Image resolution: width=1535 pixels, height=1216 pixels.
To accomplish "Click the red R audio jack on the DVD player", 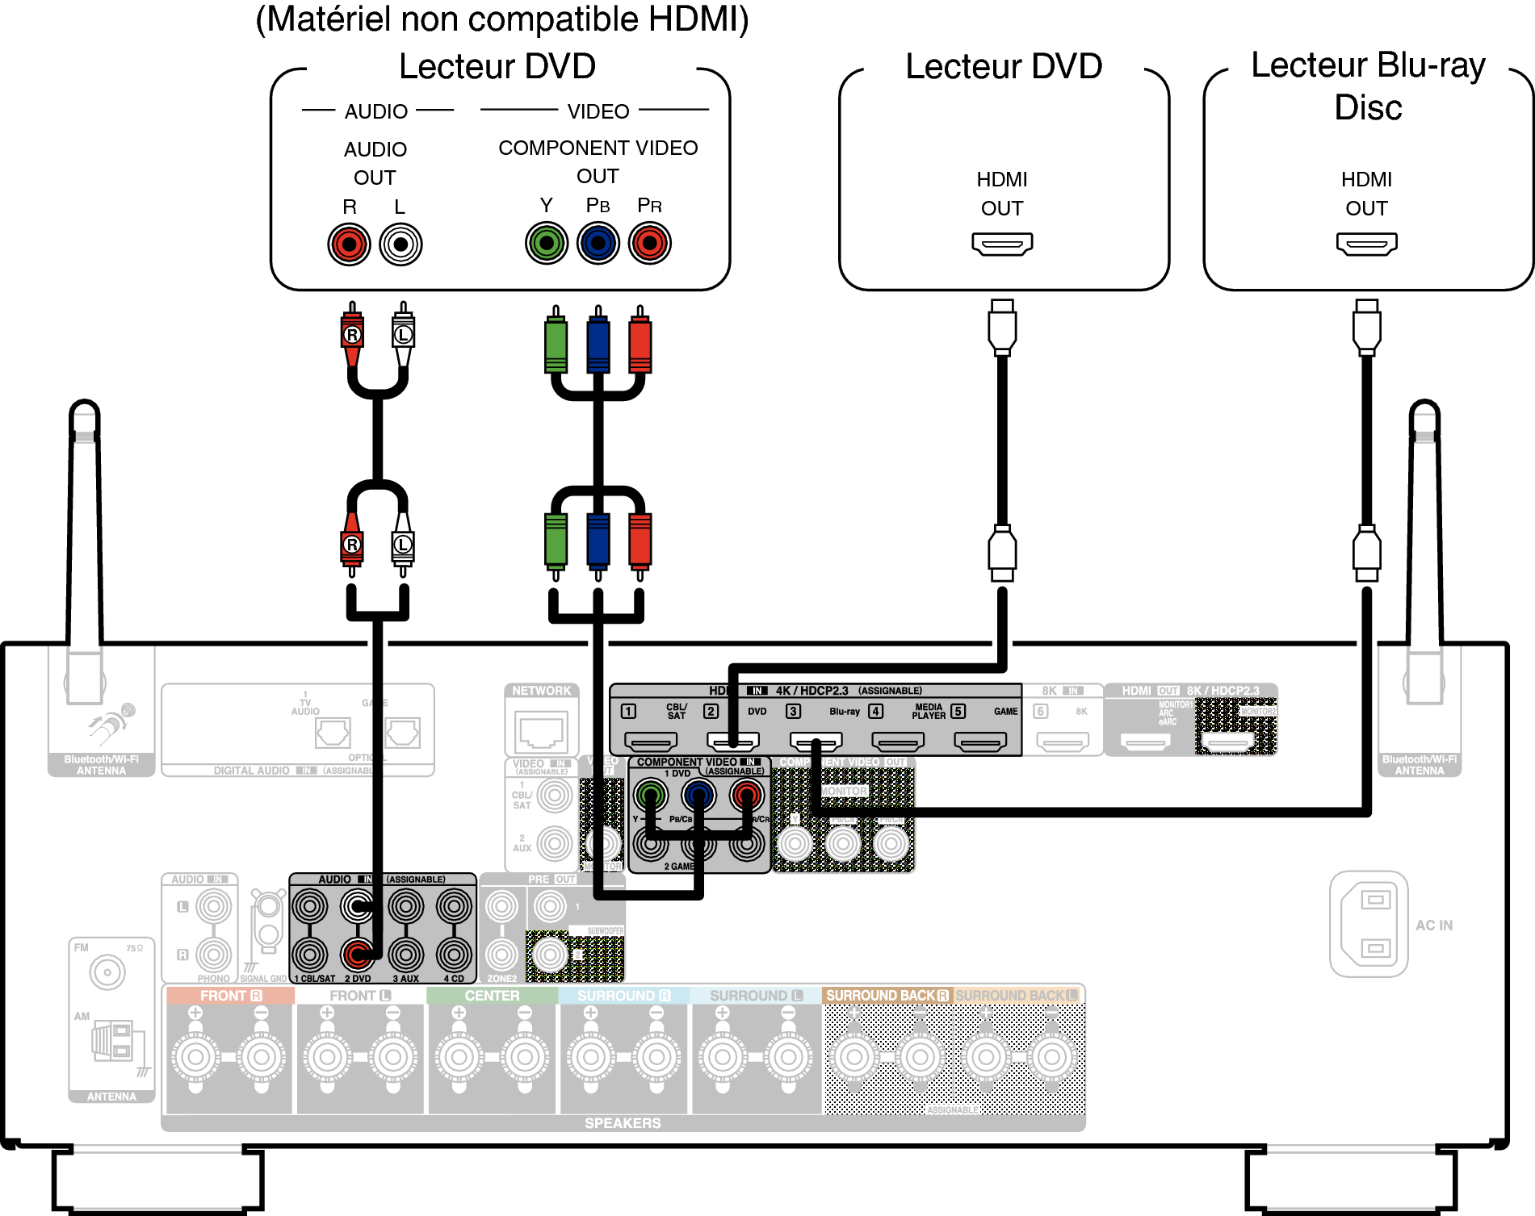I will [x=349, y=244].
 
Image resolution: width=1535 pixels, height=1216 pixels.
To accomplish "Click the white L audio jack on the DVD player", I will [x=401, y=244].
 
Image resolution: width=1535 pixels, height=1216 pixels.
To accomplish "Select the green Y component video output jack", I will [x=547, y=243].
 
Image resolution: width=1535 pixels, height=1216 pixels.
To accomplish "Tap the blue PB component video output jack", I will [x=598, y=243].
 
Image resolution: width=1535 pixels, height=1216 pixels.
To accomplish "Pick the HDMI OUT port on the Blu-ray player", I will [x=1366, y=243].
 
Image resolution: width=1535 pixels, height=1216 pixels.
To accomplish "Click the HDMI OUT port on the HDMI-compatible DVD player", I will [x=1002, y=243].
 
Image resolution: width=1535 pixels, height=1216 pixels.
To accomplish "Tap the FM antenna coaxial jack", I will [x=107, y=972].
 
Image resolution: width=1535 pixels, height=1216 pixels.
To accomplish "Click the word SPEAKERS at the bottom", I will [x=623, y=1123].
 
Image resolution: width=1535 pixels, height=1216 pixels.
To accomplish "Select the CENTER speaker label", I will [x=492, y=996].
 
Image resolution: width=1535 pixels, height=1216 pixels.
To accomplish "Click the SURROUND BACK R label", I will [x=887, y=996].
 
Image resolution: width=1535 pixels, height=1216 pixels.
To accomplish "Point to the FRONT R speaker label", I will [x=230, y=996].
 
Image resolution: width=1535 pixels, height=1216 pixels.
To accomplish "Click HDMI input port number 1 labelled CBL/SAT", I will [x=651, y=740].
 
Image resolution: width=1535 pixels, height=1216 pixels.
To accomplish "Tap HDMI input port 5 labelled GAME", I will [x=980, y=740].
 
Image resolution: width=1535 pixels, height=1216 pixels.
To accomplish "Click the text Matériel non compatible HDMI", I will [x=502, y=19].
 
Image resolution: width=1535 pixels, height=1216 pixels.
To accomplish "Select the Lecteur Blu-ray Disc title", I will [x=1368, y=86].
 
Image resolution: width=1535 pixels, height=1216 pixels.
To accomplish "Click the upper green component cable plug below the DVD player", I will [x=556, y=345].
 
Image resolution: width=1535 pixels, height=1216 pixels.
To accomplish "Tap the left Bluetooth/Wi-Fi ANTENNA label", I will [x=101, y=765].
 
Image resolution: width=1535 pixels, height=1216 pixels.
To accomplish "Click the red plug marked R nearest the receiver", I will [x=352, y=544].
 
